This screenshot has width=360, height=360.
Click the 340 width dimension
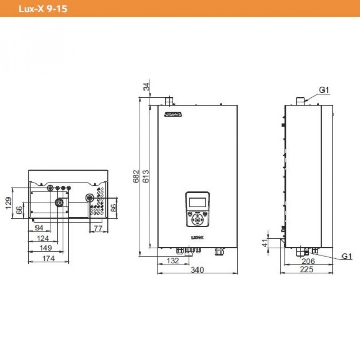pyautogui.click(x=196, y=269)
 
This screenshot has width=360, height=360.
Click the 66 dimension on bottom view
pyautogui.click(x=19, y=210)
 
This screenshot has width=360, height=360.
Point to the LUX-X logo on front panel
pyautogui.click(x=198, y=238)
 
